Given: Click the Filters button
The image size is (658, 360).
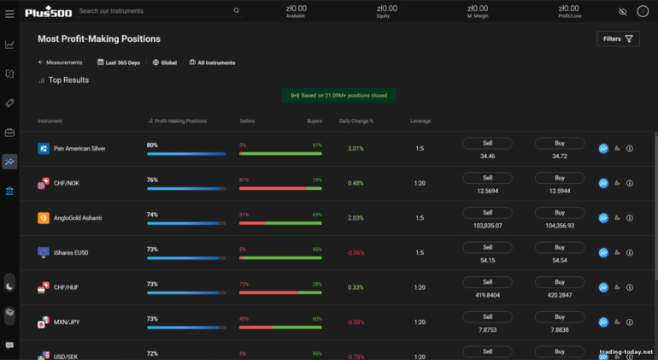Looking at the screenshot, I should coord(618,38).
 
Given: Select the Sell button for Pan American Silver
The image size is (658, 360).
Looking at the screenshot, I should coord(487,144).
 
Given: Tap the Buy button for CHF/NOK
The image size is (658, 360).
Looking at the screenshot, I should coord(560,178).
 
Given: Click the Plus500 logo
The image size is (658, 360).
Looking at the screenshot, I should coord(48,11).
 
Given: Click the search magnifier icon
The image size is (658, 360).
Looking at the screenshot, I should coord(237,11).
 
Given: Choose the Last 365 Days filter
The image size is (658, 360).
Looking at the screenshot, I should coord(119,62).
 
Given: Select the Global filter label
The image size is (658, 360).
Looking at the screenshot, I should coord(165,62).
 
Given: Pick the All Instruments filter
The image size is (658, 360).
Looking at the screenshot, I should coord(212,62).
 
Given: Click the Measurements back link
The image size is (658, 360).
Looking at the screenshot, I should coord(61,62).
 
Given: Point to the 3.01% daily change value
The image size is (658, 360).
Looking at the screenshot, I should coord(355,148).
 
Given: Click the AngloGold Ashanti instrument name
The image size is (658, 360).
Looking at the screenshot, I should coord(78,218).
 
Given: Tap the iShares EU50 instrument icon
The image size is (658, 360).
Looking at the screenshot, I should coord(44,252).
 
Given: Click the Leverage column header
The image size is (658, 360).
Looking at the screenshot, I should coord(420,121).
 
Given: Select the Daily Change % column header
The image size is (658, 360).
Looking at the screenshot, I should coord(356,121).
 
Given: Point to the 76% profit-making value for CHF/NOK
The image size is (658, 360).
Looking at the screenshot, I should coord(152,180).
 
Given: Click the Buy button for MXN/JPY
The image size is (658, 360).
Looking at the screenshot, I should coord(560,317).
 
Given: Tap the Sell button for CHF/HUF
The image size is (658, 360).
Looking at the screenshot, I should coord(487,282).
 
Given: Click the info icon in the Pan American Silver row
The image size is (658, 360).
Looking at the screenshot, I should coord(630,149).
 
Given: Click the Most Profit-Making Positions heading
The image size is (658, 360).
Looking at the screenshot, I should coord(99,38).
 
